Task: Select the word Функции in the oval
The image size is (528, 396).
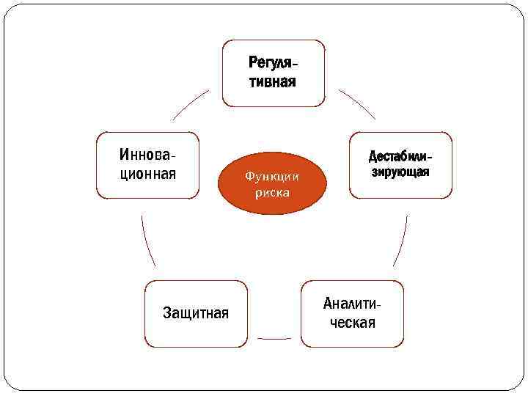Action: [x=272, y=177]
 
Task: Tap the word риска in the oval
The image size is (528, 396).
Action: [x=272, y=193]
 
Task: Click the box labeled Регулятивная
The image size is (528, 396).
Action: [x=274, y=73]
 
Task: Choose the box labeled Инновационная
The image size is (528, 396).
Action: [x=147, y=165]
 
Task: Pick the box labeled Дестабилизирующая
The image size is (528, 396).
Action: [x=400, y=165]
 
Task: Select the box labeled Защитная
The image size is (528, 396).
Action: [x=196, y=314]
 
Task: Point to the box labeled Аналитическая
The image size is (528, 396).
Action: [x=353, y=314]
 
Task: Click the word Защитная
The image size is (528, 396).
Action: [x=196, y=314]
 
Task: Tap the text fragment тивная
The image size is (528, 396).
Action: [x=272, y=81]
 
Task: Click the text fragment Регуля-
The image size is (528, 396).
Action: [x=274, y=62]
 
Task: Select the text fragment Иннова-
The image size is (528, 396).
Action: [x=147, y=155]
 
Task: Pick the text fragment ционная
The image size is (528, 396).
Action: [x=147, y=174]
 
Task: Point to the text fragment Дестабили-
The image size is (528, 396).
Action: [x=400, y=156]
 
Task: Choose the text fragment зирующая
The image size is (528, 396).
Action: [x=400, y=172]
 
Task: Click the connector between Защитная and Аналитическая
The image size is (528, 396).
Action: [x=274, y=339]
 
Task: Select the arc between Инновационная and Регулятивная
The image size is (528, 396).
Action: [x=189, y=103]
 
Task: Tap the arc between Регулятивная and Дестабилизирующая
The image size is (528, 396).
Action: [x=357, y=103]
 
